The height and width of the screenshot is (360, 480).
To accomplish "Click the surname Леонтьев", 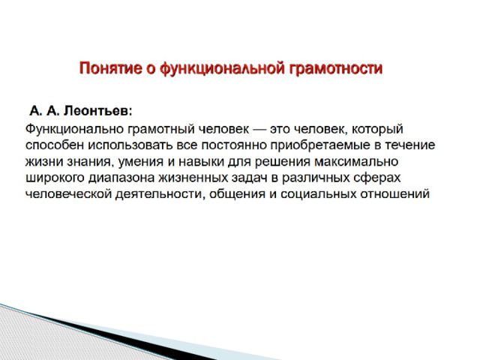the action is click(98, 111).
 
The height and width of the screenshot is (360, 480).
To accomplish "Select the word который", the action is click(377, 130).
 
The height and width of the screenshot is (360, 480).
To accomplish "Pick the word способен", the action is click(55, 145).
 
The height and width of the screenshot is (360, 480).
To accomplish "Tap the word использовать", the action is click(130, 145).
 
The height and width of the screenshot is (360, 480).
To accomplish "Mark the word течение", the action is click(410, 145).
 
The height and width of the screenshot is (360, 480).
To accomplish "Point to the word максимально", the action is click(356, 162).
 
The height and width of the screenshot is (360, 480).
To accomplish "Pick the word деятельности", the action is click(160, 195).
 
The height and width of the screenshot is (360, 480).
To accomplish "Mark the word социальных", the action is click(318, 195).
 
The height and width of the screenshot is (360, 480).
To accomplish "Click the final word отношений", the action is click(395, 195).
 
